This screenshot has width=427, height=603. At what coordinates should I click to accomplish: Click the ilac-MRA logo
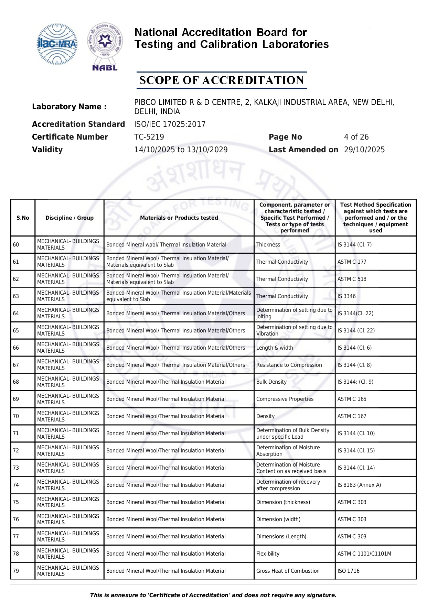[57, 44]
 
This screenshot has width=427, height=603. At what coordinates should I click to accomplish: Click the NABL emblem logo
[105, 46]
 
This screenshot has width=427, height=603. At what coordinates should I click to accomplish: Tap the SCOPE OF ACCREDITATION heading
[221, 80]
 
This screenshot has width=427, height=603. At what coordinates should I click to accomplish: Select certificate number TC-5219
[149, 137]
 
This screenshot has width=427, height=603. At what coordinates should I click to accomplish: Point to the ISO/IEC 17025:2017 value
[170, 124]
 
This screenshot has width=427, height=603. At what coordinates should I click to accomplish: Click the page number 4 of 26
[356, 137]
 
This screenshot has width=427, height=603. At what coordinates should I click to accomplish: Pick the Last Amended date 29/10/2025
[364, 150]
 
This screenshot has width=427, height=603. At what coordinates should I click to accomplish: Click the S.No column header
[23, 218]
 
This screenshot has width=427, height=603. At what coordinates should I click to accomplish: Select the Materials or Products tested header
[179, 218]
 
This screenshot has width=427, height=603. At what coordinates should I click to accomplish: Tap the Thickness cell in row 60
[268, 245]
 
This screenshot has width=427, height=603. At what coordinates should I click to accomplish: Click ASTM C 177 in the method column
[352, 262]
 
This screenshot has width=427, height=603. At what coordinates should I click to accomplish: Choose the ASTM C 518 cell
[352, 279]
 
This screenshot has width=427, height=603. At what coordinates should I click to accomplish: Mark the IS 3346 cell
[346, 296]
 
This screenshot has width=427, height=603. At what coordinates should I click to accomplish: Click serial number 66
[16, 348]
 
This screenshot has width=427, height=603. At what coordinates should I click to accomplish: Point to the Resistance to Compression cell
[289, 365]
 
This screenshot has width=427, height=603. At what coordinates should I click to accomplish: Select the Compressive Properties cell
[285, 399]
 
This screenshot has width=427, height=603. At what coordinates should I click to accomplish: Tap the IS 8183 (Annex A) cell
[359, 485]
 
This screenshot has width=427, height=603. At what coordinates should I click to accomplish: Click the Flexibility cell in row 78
[268, 554]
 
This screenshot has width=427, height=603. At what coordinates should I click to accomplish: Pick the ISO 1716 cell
[348, 571]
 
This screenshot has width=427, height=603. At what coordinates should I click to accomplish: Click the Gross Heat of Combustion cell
[288, 571]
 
